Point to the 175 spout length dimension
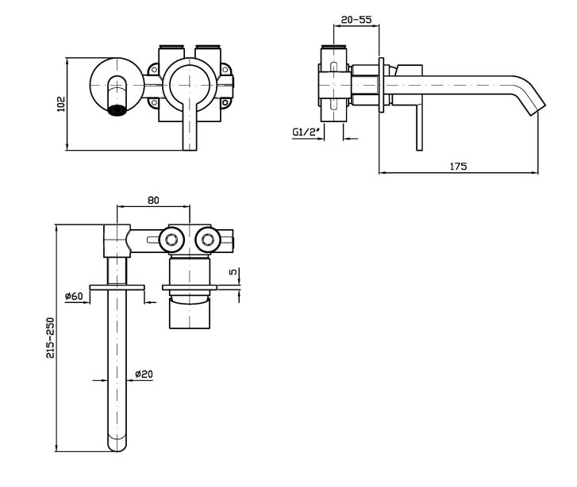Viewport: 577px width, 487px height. pyautogui.click(x=458, y=166)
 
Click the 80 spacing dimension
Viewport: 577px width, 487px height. pyautogui.click(x=153, y=200)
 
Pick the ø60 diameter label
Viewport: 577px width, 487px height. pyautogui.click(x=74, y=296)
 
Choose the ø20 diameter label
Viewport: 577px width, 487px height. pyautogui.click(x=144, y=374)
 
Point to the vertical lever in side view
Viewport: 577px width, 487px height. pyautogui.click(x=417, y=119)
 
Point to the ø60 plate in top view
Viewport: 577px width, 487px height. pyautogui.click(x=117, y=286)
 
